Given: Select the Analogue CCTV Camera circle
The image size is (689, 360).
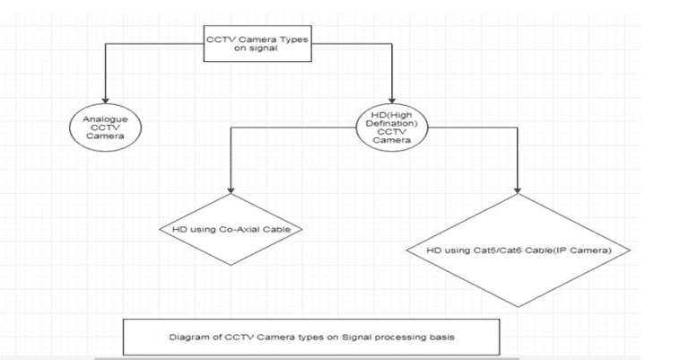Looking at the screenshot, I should (x=105, y=129).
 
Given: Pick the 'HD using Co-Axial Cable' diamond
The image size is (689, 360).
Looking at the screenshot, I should (x=231, y=229).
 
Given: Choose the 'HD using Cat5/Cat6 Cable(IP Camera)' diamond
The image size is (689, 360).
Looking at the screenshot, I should (x=518, y=250).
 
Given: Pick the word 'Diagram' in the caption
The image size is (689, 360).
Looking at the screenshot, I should (x=187, y=338).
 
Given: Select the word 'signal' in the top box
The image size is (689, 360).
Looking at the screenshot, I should (x=257, y=49).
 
